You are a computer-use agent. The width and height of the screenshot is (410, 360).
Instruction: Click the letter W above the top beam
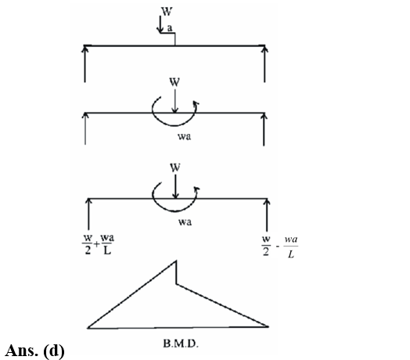[167, 12]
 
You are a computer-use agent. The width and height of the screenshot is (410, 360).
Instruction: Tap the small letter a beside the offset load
[170, 28]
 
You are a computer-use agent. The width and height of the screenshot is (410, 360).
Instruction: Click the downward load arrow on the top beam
[160, 24]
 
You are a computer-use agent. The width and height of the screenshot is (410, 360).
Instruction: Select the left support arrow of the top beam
[85, 64]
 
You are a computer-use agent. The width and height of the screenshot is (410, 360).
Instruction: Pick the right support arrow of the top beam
[264, 64]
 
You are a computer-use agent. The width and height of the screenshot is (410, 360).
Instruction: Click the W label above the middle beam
[174, 82]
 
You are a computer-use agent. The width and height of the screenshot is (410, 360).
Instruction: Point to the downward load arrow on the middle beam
[175, 102]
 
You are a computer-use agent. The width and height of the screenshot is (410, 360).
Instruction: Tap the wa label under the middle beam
[185, 136]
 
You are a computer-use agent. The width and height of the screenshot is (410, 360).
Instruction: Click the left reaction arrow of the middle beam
[85, 128]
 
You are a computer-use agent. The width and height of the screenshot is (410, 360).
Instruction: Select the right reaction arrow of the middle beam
[264, 129]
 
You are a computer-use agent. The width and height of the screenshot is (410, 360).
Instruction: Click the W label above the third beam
[175, 167]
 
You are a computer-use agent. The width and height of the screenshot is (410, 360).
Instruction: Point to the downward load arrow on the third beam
[175, 187]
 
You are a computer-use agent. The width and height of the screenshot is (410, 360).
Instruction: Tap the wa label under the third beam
[185, 222]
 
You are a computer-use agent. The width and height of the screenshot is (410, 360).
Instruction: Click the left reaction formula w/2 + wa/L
[98, 244]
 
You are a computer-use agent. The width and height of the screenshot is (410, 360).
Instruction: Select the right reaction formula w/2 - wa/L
[280, 247]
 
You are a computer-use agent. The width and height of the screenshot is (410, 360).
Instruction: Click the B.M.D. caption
[181, 344]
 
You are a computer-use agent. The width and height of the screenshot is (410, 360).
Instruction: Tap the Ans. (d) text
[34, 351]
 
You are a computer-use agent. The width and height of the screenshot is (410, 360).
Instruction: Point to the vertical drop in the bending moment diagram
[176, 272]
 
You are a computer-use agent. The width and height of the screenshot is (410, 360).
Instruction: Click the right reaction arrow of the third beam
[267, 214]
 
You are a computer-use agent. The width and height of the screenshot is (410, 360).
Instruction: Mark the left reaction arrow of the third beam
[88, 214]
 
